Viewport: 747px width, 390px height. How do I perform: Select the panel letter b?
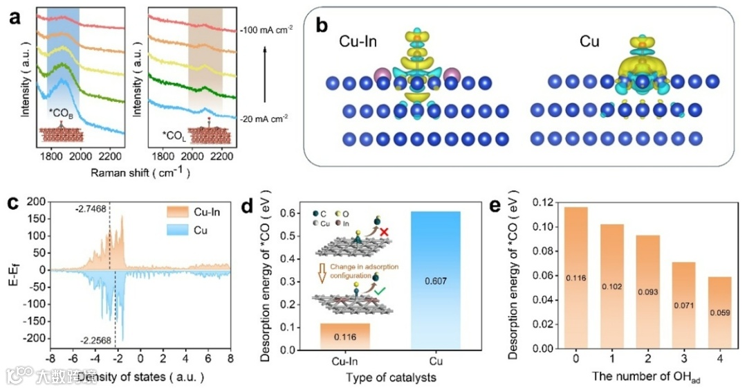pyautogui.click(x=320, y=26)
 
